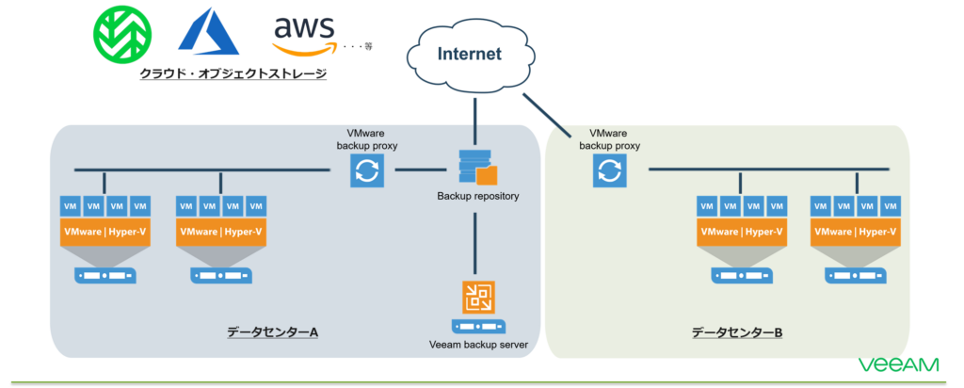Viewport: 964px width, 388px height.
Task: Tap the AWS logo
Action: coord(303,36)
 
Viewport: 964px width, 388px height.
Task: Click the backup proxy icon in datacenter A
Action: coord(365,171)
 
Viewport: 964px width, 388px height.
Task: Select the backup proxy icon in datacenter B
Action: coord(608,171)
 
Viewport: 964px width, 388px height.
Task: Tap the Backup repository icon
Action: coord(477,168)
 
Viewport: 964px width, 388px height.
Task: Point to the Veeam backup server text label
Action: coord(477,346)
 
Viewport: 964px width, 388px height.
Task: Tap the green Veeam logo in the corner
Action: coord(898,364)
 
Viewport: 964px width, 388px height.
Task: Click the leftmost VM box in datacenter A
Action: coord(70,206)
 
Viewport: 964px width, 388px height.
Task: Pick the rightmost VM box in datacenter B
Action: coord(892,206)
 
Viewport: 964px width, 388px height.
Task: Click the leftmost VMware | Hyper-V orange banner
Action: coord(104,232)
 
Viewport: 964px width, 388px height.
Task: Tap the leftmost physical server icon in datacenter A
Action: coord(104,276)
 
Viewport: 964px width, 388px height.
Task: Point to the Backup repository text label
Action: coord(477,197)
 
